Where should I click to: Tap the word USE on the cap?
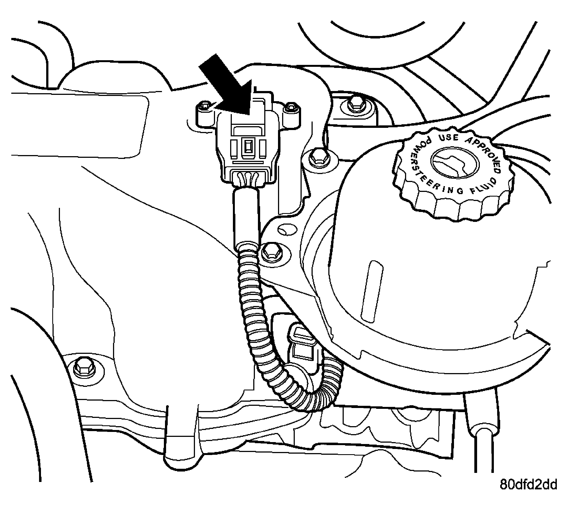pos(448,137)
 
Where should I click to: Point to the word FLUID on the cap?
pos(483,186)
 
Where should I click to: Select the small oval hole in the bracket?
pos(287,230)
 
